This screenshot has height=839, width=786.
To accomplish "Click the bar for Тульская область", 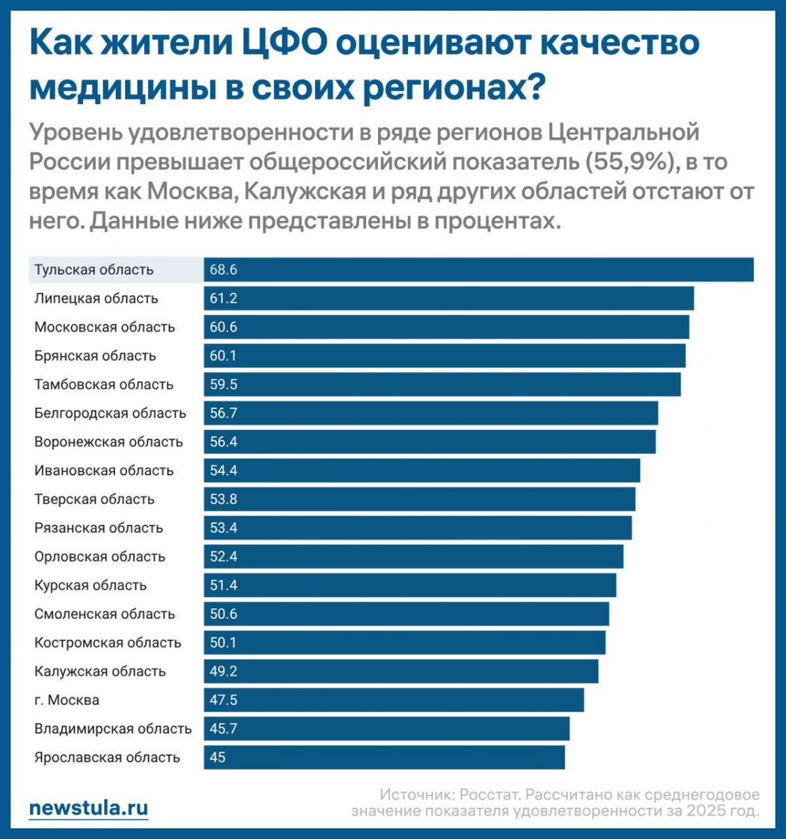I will (479, 270).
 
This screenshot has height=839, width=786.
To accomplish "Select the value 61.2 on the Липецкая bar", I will (224, 299).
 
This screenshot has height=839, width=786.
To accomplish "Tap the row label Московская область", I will (105, 327).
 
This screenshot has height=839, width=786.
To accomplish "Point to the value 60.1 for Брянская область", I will (224, 356).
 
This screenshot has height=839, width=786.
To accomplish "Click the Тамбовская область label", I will (104, 385).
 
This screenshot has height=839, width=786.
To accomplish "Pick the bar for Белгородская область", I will (431, 413).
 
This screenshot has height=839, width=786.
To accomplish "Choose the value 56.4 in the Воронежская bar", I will (224, 442).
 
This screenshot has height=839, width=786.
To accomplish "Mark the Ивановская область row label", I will (104, 471).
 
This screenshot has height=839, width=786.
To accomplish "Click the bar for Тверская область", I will (420, 499).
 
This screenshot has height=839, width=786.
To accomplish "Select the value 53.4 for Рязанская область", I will (224, 528).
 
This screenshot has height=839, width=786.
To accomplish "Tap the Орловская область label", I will (100, 557).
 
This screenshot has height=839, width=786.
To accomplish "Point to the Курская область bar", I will (410, 585).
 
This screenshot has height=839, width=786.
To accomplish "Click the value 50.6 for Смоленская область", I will (224, 614).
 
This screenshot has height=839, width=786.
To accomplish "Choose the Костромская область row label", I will (108, 643).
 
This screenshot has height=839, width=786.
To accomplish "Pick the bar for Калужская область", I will (401, 671).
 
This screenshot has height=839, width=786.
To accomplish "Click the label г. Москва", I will (67, 700).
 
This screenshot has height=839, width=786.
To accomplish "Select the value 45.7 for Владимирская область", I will (224, 729).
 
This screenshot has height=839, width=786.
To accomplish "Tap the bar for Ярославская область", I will (384, 757).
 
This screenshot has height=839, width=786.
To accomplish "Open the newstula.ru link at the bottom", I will (89, 808).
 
